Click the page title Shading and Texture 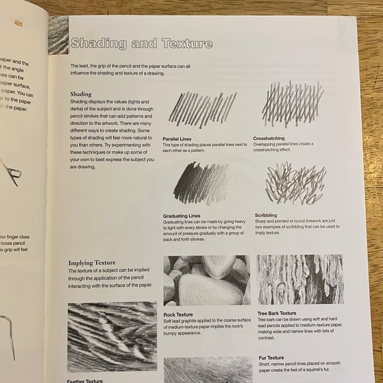click(x=141, y=44)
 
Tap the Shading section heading click(x=81, y=94)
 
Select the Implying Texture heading click(x=92, y=262)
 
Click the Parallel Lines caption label click(x=177, y=139)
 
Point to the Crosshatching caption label click(x=269, y=138)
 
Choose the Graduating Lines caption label click(x=181, y=216)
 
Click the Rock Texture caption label click(x=178, y=314)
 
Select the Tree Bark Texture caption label click(x=277, y=313)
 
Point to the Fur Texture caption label click(x=271, y=357)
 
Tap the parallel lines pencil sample click(x=202, y=108)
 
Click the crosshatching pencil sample click(x=292, y=105)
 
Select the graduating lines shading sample click(x=200, y=183)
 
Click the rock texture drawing click(x=207, y=280)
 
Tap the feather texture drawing click(x=112, y=336)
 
